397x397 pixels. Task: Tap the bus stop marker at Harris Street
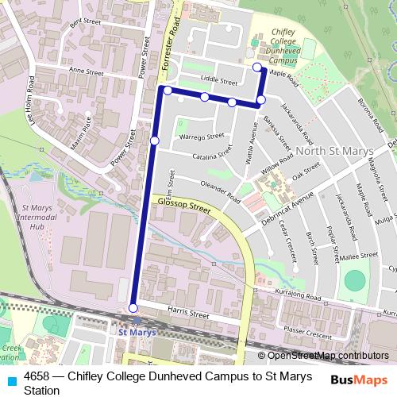coord(133,308)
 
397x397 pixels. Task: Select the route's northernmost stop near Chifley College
coord(256,67)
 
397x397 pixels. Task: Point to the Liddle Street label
coord(219,81)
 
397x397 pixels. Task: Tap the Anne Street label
coord(87,71)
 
